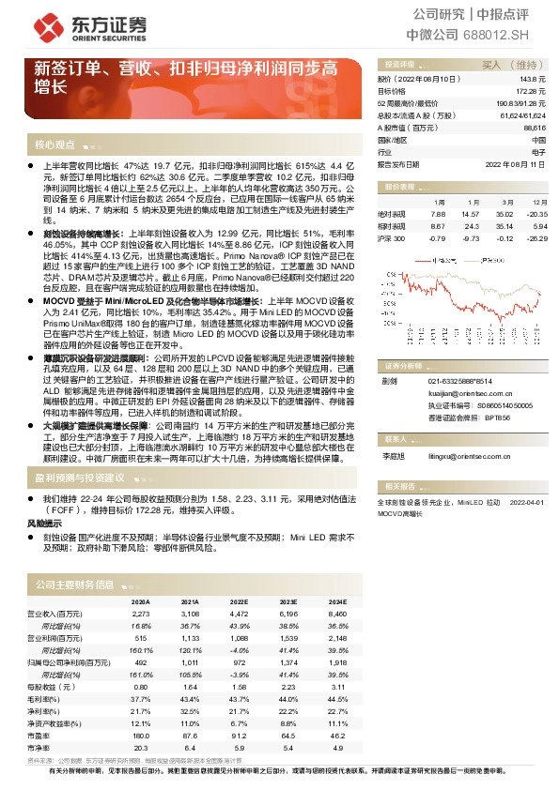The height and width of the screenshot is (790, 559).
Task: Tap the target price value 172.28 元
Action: [x=532, y=92]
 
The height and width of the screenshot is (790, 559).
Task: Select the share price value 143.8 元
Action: [x=534, y=81]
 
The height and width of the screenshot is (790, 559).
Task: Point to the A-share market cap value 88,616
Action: [x=535, y=127]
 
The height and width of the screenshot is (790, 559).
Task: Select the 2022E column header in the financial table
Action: [x=239, y=601]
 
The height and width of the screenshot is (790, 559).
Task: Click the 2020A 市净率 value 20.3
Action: [x=141, y=748]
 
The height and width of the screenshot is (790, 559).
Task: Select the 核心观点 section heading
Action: [x=54, y=144]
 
